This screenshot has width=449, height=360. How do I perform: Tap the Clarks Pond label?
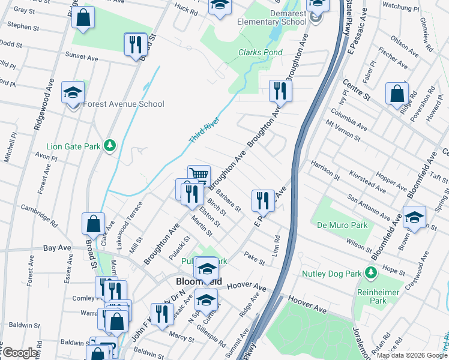[261, 52]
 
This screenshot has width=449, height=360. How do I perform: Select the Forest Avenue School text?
[124, 104]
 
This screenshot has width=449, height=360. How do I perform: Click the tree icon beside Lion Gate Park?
[109, 145]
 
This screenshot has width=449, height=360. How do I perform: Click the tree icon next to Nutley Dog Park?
[371, 274]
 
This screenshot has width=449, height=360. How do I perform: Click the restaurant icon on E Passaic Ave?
[263, 200]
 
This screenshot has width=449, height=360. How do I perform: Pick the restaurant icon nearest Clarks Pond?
[280, 91]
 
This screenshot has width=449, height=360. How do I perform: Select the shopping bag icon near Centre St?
[397, 94]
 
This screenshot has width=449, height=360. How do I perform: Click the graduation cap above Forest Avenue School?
[73, 92]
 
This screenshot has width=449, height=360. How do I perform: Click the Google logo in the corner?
[20, 353]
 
